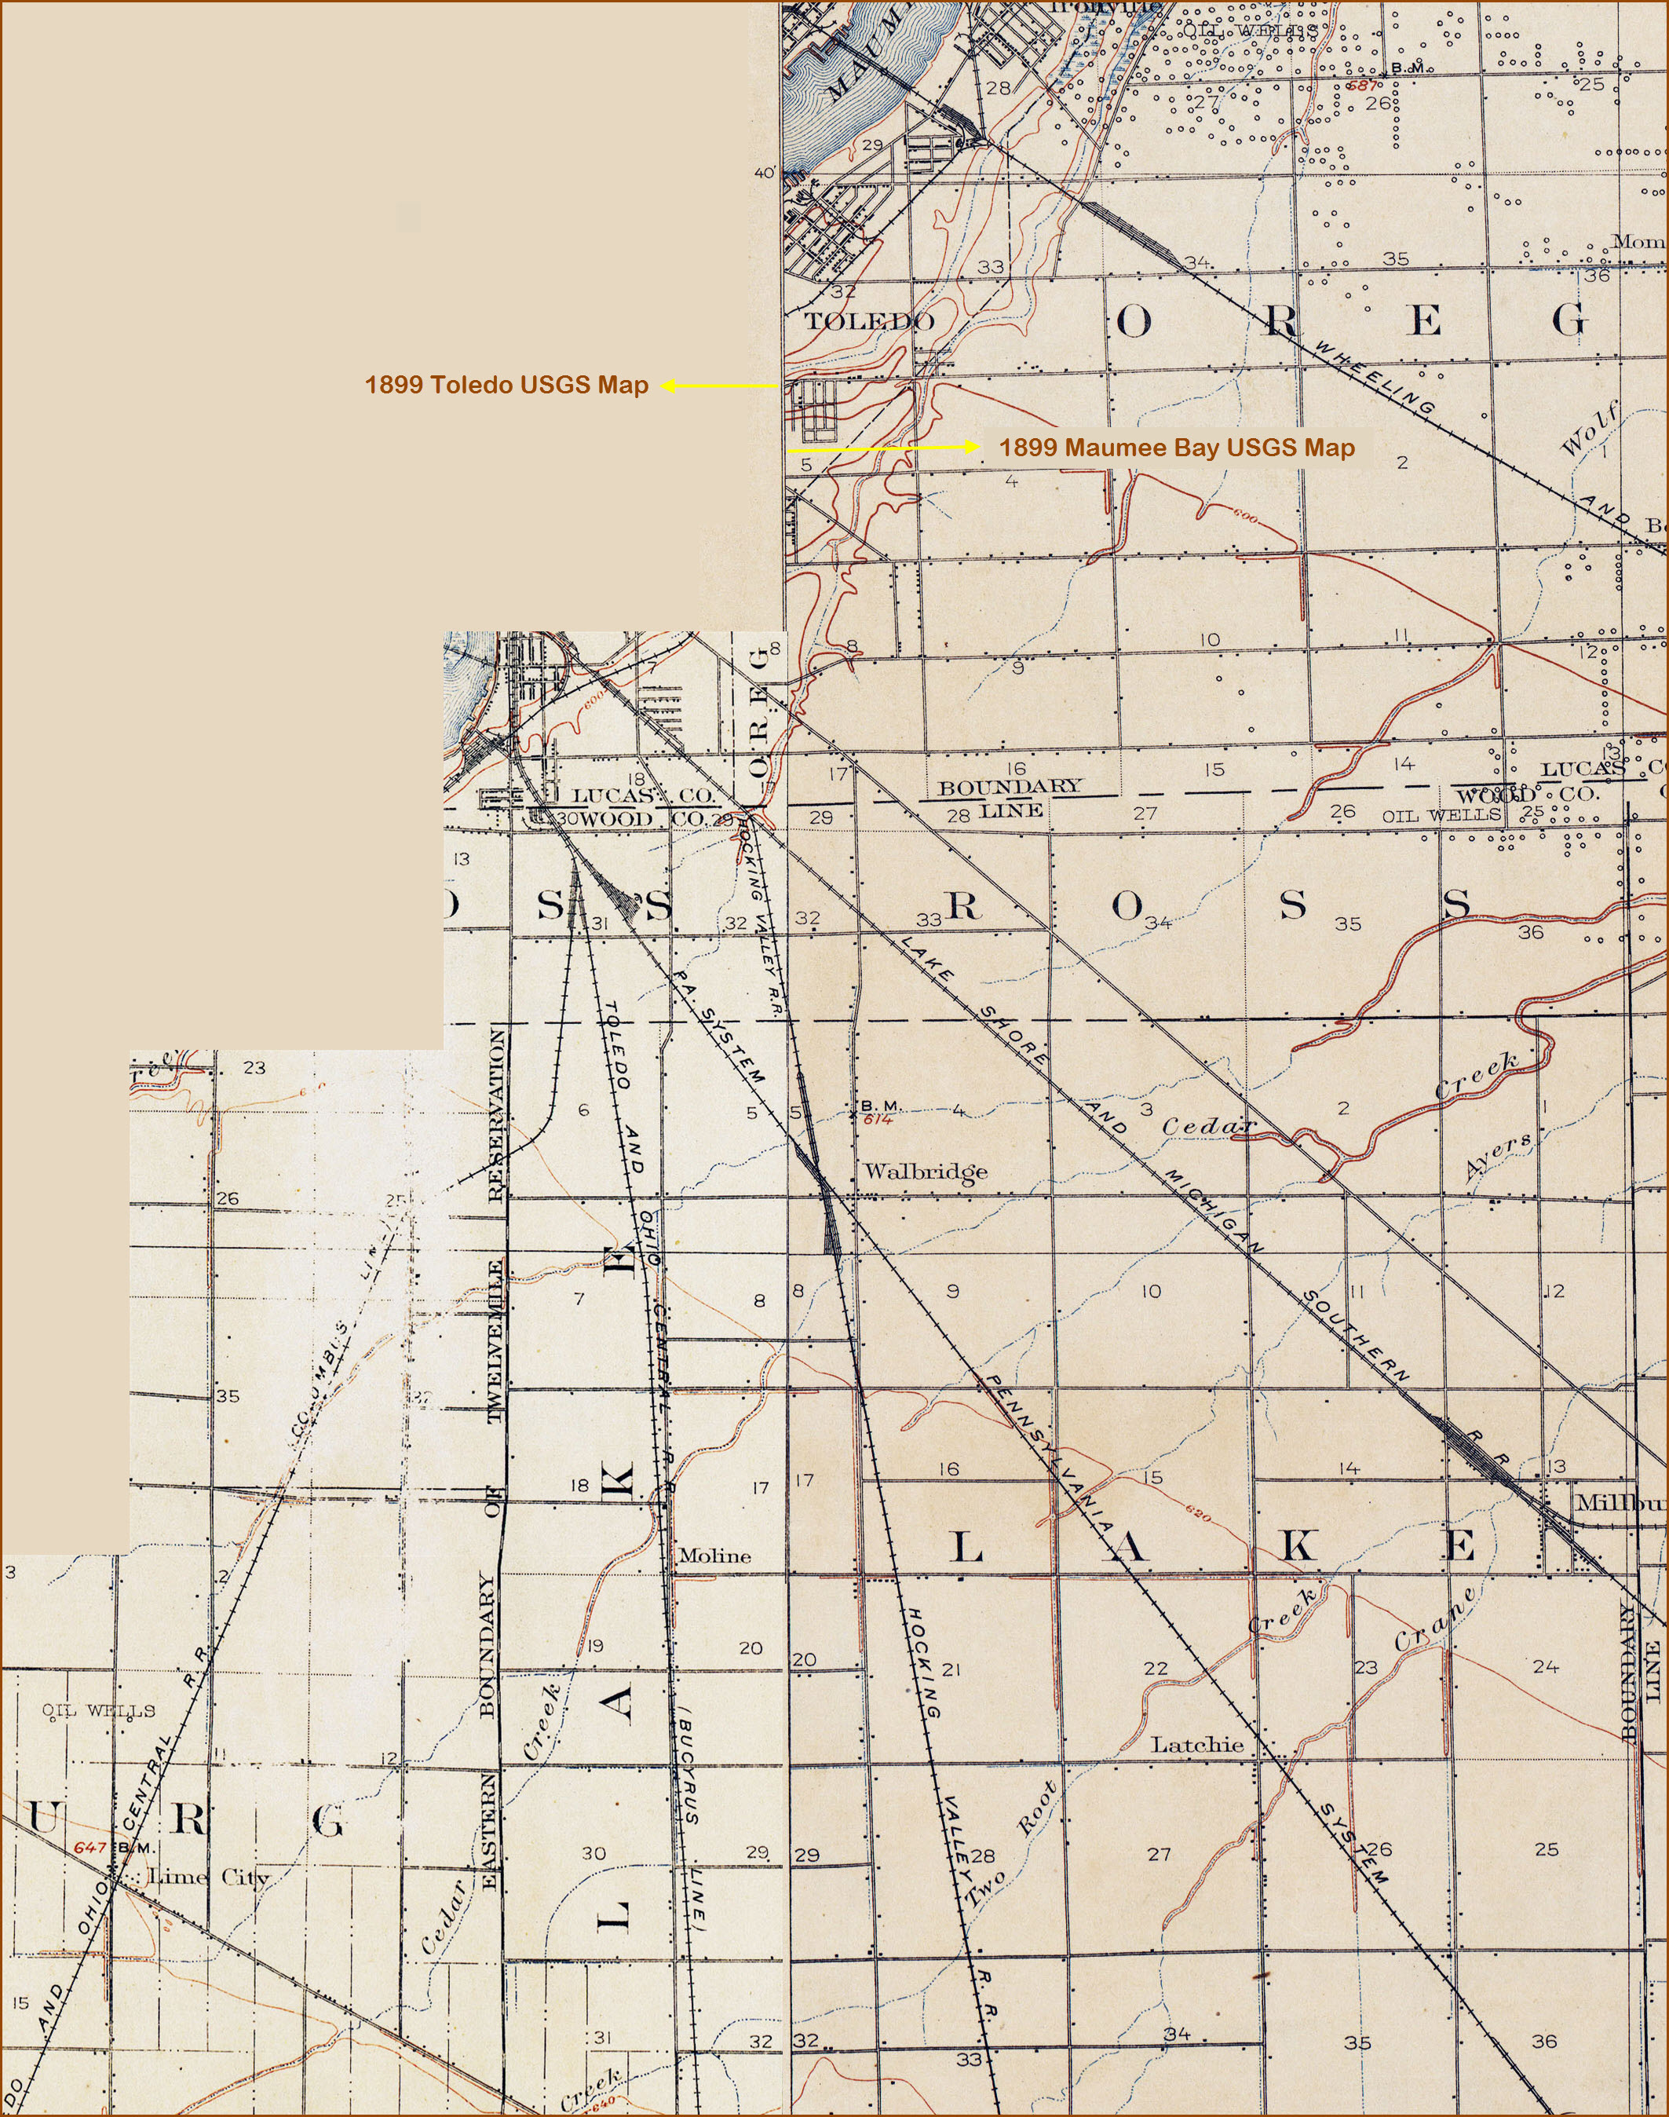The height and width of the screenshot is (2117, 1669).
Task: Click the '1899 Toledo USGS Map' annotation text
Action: pos(506,385)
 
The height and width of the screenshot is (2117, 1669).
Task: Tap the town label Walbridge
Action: pos(925,1172)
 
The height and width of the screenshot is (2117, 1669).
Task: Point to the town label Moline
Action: pos(714,1556)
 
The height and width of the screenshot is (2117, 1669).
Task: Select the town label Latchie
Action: pos(1197,1745)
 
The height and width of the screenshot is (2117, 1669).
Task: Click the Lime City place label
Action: pos(207,1878)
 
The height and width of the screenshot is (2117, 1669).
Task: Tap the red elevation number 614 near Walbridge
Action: pos(877,1120)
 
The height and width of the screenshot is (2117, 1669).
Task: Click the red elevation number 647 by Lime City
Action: pos(90,1848)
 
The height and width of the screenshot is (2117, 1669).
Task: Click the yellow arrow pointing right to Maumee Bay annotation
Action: pos(882,448)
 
